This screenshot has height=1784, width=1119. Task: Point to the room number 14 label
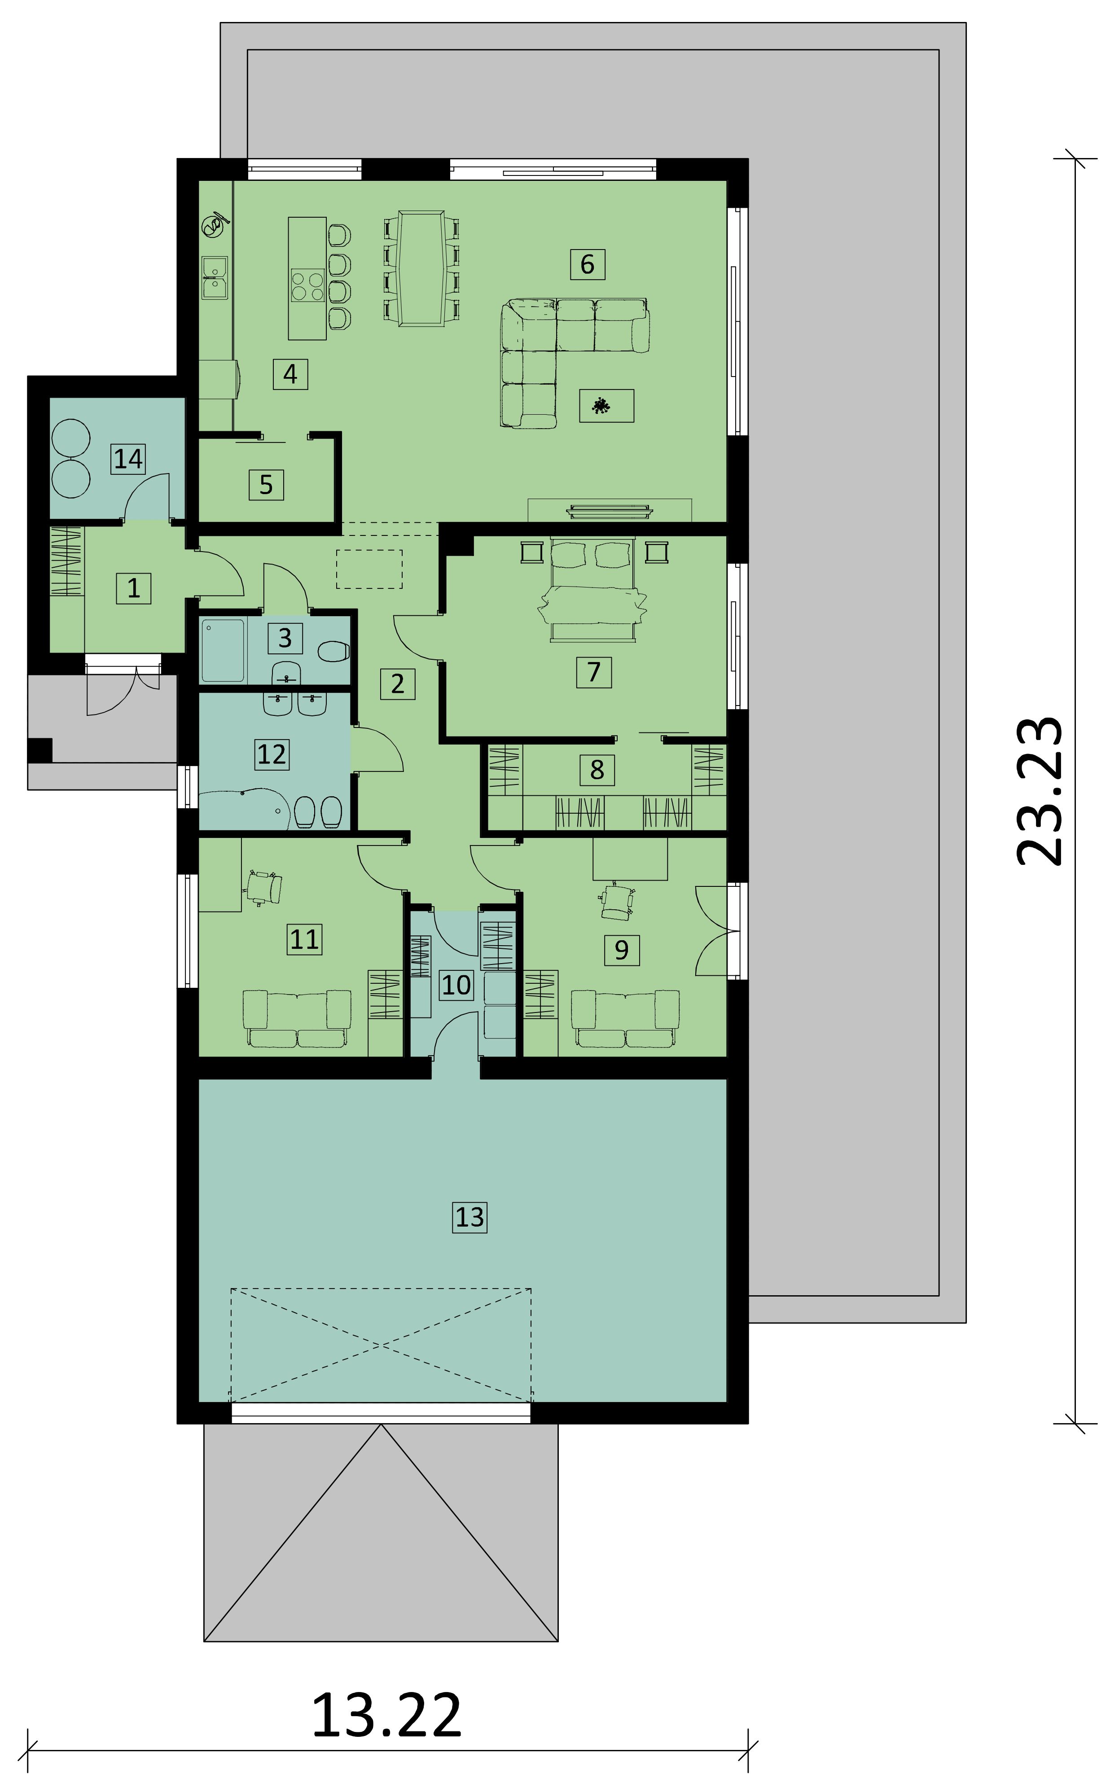pos(128,459)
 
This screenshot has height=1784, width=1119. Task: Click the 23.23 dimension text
pos(1038,791)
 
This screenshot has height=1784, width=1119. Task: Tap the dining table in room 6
pos(421,268)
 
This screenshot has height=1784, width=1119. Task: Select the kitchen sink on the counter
pos(215,277)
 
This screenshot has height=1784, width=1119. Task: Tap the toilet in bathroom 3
pos(333,652)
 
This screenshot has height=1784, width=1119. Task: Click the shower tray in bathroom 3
pos(223,650)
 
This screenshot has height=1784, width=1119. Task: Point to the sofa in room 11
pos(297,1019)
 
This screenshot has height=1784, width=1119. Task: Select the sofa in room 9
pos(625,1018)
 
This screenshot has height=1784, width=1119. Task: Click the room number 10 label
pos(456,984)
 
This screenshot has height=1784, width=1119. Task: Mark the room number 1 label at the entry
pos(134,588)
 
